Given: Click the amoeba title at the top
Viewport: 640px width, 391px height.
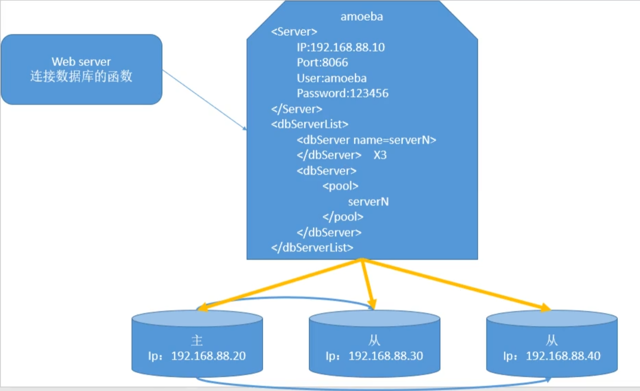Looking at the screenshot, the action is tap(362, 17).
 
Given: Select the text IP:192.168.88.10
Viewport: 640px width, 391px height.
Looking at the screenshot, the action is tap(341, 47).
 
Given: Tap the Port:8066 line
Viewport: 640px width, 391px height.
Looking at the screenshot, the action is tap(322, 62).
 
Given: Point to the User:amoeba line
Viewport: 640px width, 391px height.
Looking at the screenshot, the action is tap(332, 78).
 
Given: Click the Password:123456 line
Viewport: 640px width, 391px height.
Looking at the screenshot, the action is tap(342, 93).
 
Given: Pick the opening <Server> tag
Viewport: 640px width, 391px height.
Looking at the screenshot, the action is tap(294, 31).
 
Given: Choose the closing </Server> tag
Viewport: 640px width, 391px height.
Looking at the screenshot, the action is tap(297, 109).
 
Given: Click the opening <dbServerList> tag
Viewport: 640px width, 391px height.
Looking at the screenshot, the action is tap(310, 124).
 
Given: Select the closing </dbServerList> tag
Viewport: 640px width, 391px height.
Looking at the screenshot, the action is tap(312, 248).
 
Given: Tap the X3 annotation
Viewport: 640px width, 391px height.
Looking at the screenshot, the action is tap(380, 155).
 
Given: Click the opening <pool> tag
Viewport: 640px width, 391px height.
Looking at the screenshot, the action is tap(340, 186).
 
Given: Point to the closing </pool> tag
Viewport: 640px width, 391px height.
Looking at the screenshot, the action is tap(343, 217).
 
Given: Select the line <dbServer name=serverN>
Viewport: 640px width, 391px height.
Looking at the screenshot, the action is tap(367, 140).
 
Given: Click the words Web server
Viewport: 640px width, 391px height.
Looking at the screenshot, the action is tap(81, 62).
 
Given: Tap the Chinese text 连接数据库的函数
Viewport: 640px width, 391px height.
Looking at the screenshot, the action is tap(81, 76).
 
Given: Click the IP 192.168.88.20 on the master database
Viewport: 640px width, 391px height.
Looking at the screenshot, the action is tap(209, 356).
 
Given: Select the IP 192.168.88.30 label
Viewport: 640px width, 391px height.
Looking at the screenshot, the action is tap(386, 356).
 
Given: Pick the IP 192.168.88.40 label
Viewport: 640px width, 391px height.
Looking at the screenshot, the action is tap(563, 356).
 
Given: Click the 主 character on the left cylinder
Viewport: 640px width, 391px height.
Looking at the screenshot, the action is tap(197, 340).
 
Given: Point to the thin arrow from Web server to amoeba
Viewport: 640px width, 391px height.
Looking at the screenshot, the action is tap(204, 100).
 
